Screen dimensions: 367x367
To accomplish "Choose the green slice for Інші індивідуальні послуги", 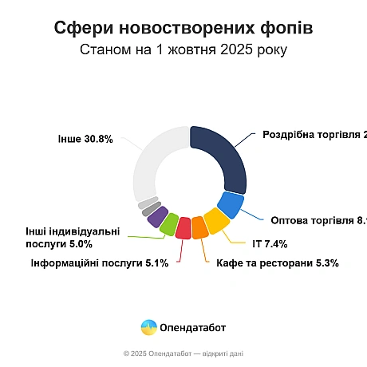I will (169, 223).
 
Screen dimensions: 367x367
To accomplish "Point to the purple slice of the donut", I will (157, 215).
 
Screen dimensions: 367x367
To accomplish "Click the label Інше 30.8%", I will (85, 138).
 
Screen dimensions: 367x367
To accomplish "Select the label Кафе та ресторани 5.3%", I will (271, 262).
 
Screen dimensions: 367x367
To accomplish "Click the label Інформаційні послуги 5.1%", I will (99, 262).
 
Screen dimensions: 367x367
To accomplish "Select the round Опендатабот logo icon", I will (148, 327).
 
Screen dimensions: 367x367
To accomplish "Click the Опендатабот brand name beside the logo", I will (193, 327).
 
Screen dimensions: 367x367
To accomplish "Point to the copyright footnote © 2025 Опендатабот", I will (183, 353).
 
